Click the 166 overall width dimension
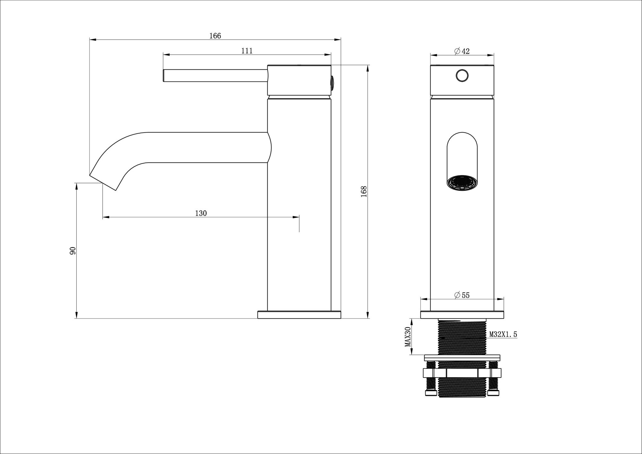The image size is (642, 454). pos(215,36)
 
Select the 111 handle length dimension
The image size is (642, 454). pos(247,51)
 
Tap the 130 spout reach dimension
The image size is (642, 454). pos(201,213)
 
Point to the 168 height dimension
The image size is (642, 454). pos(364,191)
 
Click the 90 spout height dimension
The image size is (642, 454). pos(73,251)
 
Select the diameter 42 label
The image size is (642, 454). pos(462,51)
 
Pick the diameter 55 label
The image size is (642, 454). pos(462,295)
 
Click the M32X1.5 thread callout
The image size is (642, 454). pos(503,335)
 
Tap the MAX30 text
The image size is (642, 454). pos(408,337)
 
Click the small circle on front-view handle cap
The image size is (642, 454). pos(462,76)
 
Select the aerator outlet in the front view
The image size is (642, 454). pos(462,183)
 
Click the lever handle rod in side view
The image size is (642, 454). pos(215,75)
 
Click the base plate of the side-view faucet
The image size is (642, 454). pos(299,315)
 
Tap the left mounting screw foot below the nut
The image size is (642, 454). pos(431,393)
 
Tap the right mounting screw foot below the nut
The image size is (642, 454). pos(493,393)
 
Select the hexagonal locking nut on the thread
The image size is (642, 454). pos(462,373)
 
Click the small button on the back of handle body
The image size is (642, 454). pos(333,83)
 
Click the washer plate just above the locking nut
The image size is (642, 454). pos(462,358)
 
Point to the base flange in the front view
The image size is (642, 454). pos(462,315)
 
